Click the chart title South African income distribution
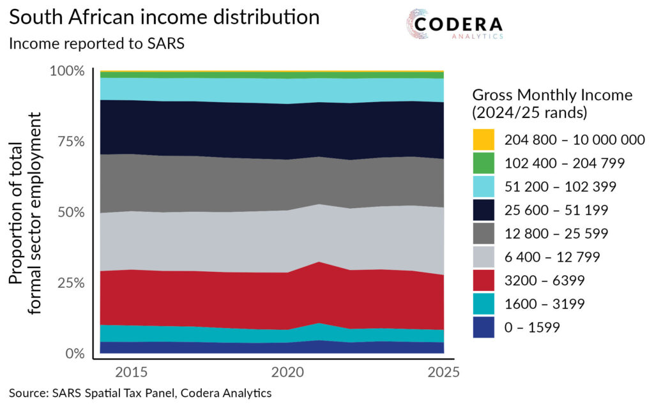pos(164,18)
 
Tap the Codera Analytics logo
pos(455,26)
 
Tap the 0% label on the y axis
pos(74,354)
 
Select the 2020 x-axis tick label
pos(287,372)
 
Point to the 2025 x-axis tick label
pos(443,372)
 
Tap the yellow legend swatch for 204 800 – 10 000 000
pos(484,140)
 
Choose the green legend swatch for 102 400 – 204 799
pos(484,163)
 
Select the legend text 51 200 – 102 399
pos(560,187)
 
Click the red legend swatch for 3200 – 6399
pos(484,281)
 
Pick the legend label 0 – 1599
pos(532,328)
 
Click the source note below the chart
pos(141,393)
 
